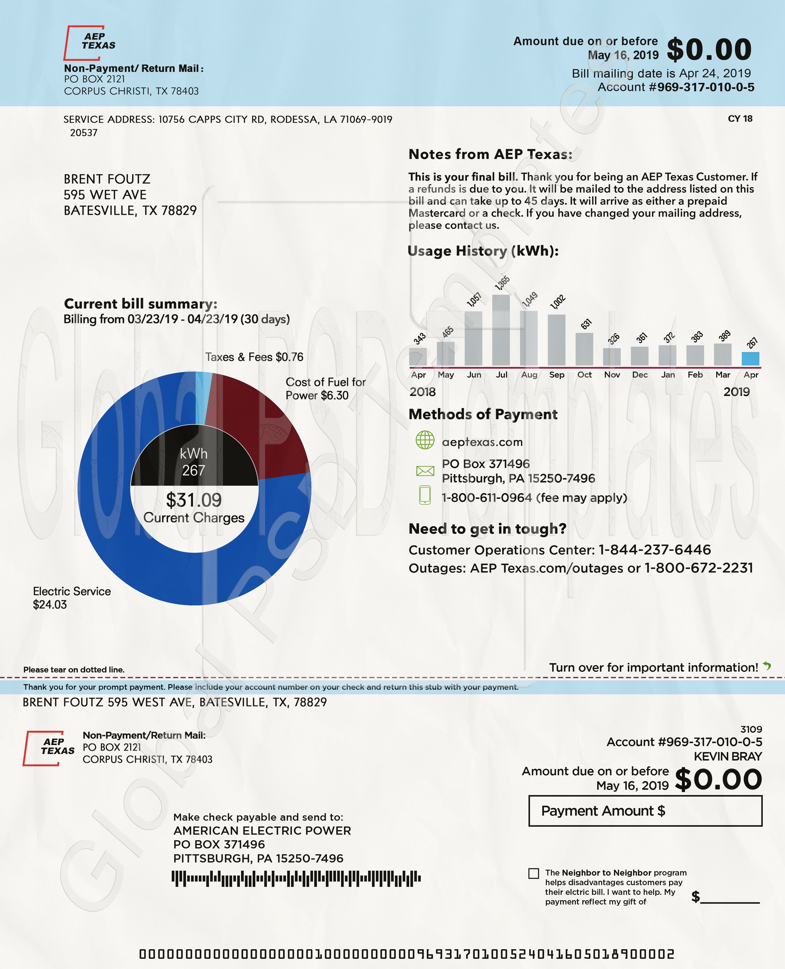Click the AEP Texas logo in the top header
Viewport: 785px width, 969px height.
coord(90,43)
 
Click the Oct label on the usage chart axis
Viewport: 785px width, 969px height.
coord(584,375)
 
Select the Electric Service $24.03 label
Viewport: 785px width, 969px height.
coord(71,598)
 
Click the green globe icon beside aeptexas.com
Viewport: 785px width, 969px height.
coord(425,440)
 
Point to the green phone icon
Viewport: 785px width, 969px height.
coord(425,495)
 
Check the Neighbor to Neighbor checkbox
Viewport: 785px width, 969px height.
coord(534,873)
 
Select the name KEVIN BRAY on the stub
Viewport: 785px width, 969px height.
coord(728,756)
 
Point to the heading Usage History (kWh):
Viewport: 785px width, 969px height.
coord(483,251)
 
